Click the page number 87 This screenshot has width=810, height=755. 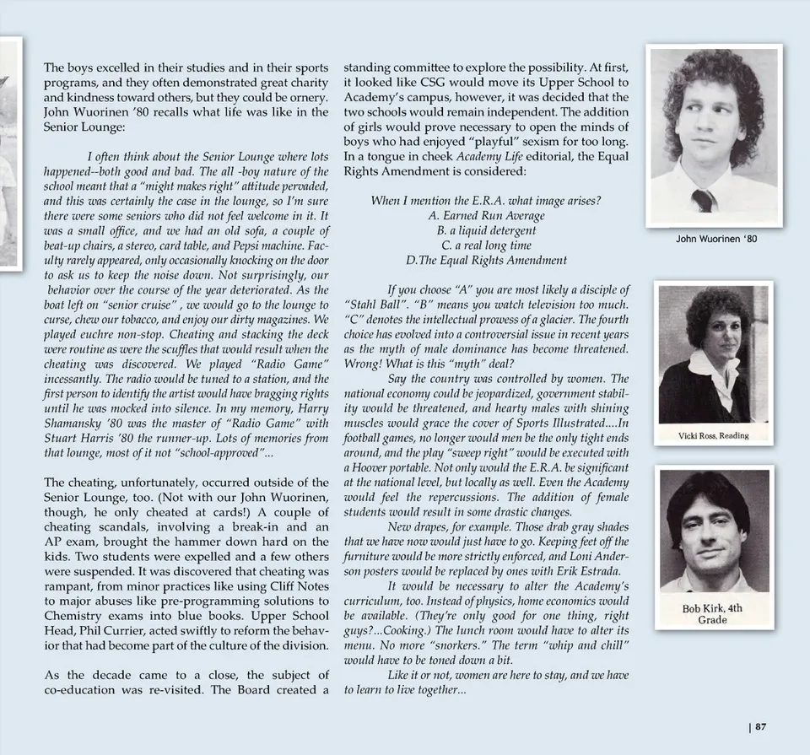[x=760, y=726]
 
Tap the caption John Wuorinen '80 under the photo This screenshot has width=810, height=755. [x=716, y=239]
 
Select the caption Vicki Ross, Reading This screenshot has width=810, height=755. [x=713, y=435]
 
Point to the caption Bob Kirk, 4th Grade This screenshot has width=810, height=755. [x=712, y=614]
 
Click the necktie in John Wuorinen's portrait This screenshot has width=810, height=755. [x=703, y=200]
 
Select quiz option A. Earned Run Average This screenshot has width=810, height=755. [x=486, y=215]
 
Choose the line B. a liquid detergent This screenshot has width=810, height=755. [x=486, y=230]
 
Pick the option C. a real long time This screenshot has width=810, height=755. [x=486, y=245]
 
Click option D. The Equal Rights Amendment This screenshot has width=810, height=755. [x=486, y=261]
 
